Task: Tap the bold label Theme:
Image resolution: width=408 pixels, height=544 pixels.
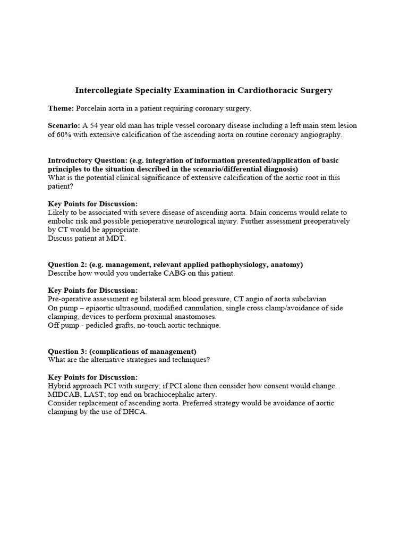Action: coord(61,108)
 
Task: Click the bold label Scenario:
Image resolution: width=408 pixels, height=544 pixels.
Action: coord(64,126)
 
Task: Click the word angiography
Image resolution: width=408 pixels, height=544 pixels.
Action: coord(320,134)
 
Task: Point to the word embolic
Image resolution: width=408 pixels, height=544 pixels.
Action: coord(60,221)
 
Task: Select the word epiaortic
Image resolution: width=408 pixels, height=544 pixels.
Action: coord(101,308)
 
